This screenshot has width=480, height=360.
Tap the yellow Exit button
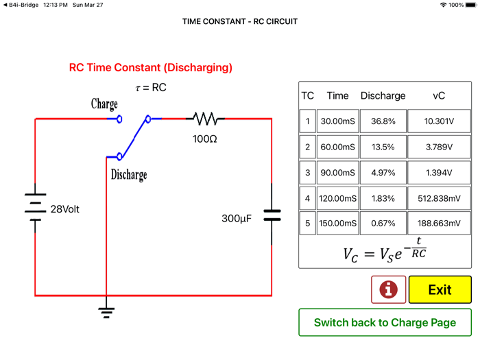440,289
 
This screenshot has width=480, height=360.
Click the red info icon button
388,289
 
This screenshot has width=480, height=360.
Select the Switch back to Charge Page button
385,322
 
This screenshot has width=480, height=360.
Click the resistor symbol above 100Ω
205,119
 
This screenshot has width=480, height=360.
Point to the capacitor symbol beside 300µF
272,216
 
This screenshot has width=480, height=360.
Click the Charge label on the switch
104,104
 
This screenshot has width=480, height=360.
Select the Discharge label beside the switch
129,175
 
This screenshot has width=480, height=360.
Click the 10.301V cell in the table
439,121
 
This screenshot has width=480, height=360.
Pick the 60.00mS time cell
337,147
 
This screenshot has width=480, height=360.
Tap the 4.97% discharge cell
383,172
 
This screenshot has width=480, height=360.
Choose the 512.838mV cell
439,198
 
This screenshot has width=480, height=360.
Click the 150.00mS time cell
337,224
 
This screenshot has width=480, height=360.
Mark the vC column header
439,96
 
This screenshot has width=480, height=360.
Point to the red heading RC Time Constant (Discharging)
151,68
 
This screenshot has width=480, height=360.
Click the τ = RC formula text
151,88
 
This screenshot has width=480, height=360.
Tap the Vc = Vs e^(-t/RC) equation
385,251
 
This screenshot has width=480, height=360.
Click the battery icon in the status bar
471,5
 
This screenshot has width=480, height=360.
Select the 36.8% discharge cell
383,121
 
